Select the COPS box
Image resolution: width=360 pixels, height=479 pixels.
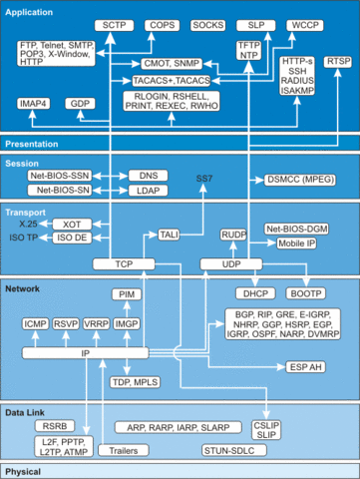pyautogui.click(x=160, y=23)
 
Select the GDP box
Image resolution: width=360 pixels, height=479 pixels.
pyautogui.click(x=79, y=104)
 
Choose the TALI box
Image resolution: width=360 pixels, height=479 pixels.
pyautogui.click(x=170, y=234)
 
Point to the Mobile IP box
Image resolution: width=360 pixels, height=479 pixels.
pyautogui.click(x=297, y=241)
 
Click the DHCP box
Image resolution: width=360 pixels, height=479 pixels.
pyautogui.click(x=252, y=293)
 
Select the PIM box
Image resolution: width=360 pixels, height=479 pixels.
pyautogui.click(x=128, y=295)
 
